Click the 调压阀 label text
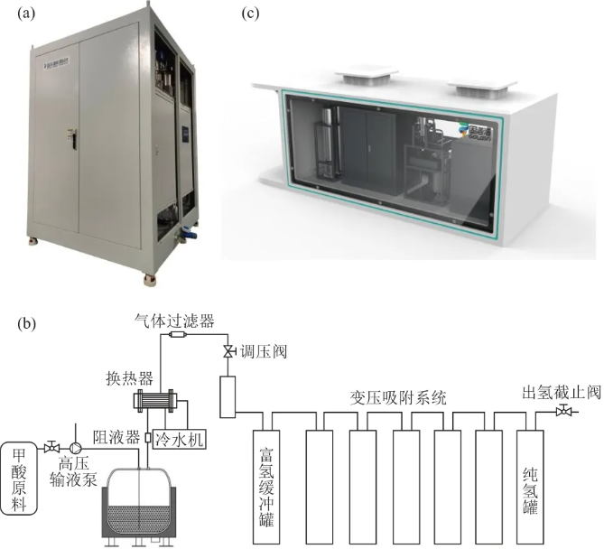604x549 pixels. click(x=260, y=349)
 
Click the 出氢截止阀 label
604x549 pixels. click(x=560, y=394)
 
